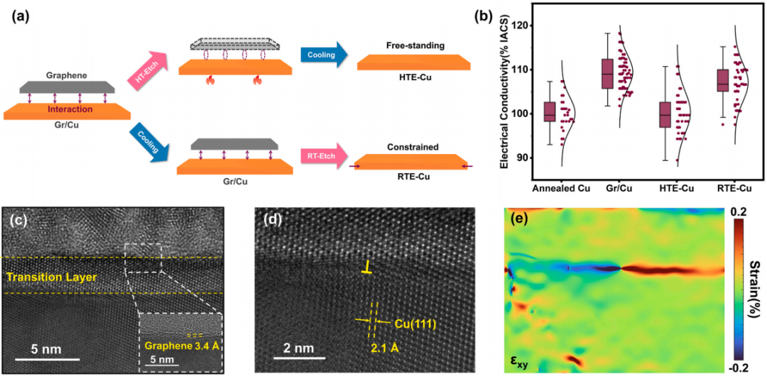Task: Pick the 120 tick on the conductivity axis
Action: pos(521,26)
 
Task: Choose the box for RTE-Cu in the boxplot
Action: pos(722,80)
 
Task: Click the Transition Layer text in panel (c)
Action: pos(50,275)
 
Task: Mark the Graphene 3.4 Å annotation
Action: pos(181,347)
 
